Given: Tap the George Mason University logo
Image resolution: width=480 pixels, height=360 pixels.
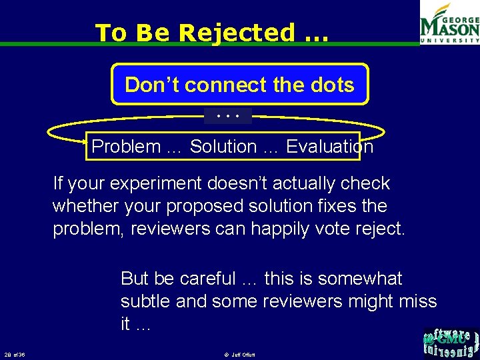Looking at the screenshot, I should [449, 23].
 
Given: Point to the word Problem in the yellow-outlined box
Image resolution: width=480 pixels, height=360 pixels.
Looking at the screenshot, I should [127, 147].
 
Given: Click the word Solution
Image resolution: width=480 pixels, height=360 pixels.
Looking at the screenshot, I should [223, 147].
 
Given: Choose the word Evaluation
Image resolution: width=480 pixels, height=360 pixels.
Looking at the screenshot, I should [329, 147].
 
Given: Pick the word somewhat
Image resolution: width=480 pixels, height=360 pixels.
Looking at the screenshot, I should [360, 279].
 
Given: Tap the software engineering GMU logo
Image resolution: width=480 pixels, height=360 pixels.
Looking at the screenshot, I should [450, 343].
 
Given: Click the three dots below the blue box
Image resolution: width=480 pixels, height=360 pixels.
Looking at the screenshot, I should [228, 116].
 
